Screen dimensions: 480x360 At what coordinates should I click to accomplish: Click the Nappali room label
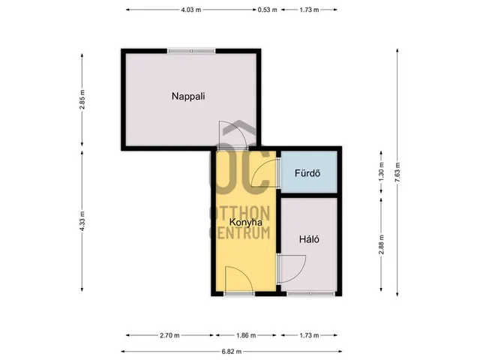tap(188, 96)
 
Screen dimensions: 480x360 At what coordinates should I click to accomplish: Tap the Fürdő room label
tap(307, 173)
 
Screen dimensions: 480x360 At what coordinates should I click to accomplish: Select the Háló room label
tap(309, 239)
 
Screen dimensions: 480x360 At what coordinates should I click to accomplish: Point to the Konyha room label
tap(246, 222)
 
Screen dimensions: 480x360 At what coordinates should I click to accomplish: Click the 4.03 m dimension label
tap(191, 10)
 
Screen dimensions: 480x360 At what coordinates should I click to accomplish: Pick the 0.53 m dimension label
tap(267, 10)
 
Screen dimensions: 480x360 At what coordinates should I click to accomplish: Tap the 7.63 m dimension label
tap(397, 172)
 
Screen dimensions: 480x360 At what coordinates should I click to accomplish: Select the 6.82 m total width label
tap(232, 352)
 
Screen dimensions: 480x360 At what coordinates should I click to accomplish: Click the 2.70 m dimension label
tap(169, 335)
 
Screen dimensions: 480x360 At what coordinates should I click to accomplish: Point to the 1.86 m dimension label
tap(246, 335)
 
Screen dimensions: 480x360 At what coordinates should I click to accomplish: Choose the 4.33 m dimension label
tap(82, 221)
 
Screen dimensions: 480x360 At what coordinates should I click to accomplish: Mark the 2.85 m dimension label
tap(82, 100)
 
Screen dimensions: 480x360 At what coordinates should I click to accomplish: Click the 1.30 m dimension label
tap(381, 172)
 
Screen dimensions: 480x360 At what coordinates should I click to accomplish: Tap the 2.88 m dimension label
tap(381, 244)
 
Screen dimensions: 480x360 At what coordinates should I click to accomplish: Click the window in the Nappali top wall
tap(191, 51)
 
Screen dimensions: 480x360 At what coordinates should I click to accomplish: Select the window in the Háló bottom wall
tap(310, 293)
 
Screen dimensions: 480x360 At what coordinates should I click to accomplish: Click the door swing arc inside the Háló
tap(300, 273)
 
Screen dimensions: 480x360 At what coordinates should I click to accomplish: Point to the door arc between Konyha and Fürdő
tap(258, 168)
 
